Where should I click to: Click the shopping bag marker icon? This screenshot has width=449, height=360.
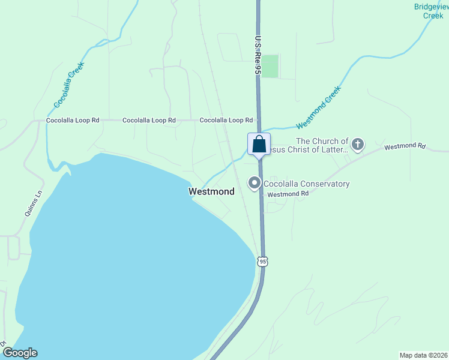(x=259, y=144)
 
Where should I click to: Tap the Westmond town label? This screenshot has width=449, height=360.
(x=211, y=192)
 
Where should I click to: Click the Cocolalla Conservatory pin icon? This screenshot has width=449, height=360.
(x=255, y=183)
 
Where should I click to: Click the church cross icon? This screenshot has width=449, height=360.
(x=358, y=144)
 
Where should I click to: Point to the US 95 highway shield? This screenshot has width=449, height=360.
(x=262, y=261)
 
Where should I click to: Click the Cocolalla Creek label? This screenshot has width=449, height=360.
(x=68, y=85)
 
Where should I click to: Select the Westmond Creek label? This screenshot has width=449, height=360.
(x=318, y=108)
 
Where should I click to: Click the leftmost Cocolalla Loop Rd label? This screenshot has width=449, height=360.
(x=73, y=121)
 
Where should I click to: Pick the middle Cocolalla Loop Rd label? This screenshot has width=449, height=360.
(x=149, y=121)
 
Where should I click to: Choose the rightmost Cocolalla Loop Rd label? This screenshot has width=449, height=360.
(x=226, y=121)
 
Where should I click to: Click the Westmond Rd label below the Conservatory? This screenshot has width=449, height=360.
(x=288, y=194)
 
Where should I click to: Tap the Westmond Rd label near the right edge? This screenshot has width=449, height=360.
(x=405, y=146)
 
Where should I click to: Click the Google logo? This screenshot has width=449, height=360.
(x=20, y=353)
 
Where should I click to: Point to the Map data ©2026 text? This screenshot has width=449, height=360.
(x=423, y=355)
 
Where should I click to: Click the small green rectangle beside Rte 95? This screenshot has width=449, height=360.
(x=270, y=66)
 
